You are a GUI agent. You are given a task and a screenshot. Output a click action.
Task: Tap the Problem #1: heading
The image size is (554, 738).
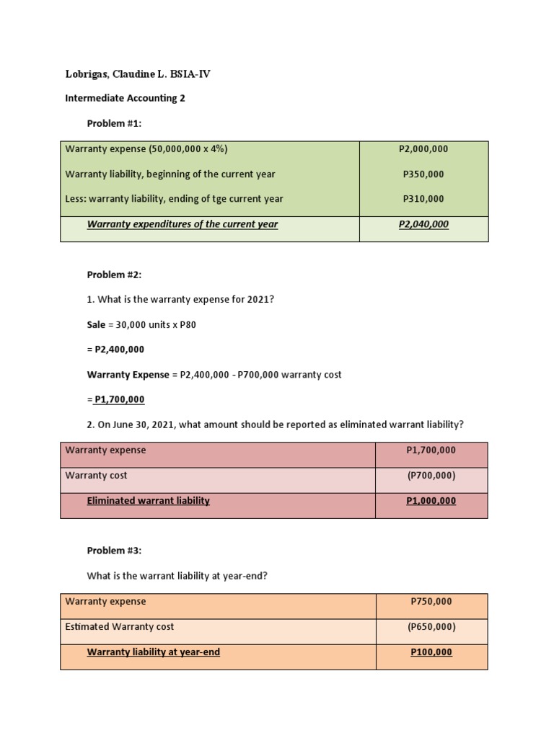coord(114,123)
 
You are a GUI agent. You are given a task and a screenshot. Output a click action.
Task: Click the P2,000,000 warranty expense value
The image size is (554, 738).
coord(423,149)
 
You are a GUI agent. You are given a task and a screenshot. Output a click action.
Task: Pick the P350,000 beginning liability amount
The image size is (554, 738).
coord(423,174)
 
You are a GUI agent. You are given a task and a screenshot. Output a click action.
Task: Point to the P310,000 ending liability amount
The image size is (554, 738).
coord(423,198)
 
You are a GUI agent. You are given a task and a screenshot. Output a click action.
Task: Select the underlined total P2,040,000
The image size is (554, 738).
coord(423,224)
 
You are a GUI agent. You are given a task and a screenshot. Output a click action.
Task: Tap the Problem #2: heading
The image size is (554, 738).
coord(114,275)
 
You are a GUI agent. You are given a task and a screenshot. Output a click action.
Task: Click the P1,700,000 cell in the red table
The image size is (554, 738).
coord(431,450)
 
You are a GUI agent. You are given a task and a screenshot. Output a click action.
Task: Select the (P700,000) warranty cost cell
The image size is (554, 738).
coord(431,476)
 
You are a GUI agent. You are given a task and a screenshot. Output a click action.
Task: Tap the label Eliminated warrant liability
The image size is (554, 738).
coord(148,500)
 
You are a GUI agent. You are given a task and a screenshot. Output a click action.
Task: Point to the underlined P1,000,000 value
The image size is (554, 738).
coord(431,501)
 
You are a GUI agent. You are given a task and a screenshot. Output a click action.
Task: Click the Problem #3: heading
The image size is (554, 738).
coord(114,551)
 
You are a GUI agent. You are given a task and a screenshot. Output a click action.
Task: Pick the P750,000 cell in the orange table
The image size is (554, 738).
coord(431,602)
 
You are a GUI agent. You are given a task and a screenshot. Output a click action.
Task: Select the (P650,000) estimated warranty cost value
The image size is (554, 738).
coord(431,627)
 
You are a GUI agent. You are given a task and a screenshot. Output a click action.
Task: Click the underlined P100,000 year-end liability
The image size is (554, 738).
coord(431,652)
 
